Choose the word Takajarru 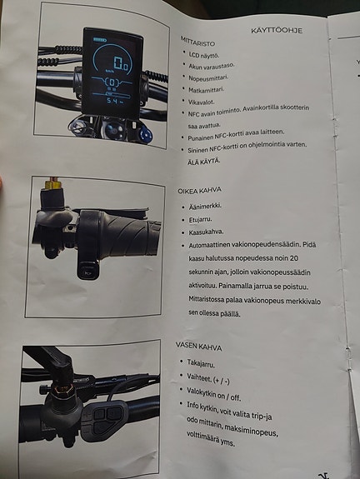click(206, 364)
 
